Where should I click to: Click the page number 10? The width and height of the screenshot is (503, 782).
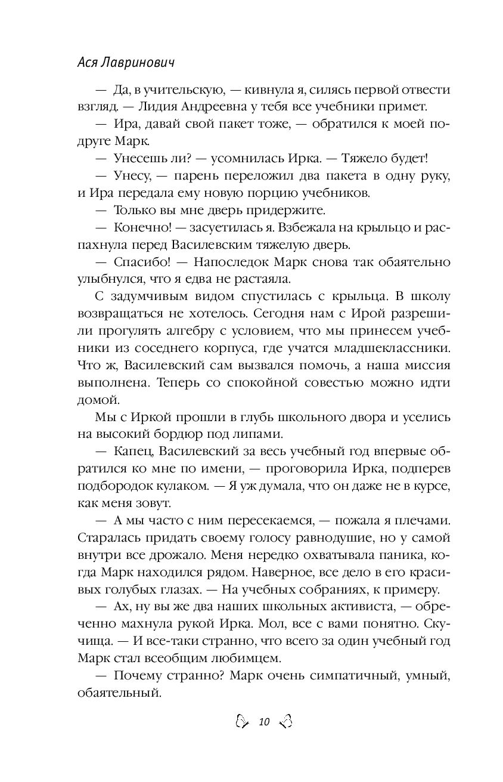click(263, 722)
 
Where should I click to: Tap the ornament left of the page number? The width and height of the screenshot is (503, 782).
click(241, 722)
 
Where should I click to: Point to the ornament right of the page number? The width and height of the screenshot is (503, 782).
click(285, 722)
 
